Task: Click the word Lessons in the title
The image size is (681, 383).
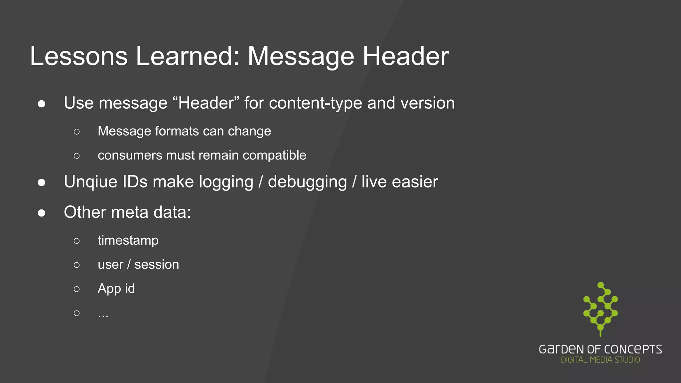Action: [x=79, y=56]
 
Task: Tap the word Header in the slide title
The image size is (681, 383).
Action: [x=406, y=56]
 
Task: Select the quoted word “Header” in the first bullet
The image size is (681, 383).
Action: [x=206, y=103]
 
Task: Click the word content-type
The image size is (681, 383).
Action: [x=315, y=103]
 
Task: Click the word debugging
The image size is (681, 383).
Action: [x=307, y=182]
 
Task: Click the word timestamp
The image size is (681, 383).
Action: [x=128, y=240]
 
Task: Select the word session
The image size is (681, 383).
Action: [x=157, y=265]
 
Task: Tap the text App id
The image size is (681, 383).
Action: [x=116, y=289]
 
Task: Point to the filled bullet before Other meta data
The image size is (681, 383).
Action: [x=42, y=213]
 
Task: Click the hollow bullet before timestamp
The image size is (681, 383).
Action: [x=77, y=241]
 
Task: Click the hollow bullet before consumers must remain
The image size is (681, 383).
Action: [x=77, y=156]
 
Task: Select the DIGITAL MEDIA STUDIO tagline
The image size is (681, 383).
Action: [x=600, y=360]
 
